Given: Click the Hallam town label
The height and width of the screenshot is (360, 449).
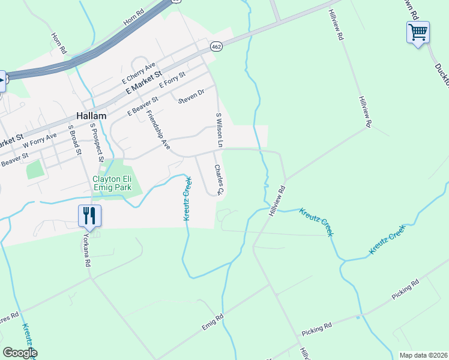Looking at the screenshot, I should [91, 116].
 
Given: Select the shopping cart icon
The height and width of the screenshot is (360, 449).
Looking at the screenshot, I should [418, 31].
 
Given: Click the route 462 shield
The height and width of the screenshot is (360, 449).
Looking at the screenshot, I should [217, 46].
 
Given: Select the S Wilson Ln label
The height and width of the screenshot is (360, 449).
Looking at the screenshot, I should [219, 130].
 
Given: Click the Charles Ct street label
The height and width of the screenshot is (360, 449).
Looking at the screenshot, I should [218, 180].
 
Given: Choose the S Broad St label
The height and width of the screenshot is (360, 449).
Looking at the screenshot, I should [75, 140].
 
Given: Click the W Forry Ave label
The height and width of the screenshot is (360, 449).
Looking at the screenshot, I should [40, 140].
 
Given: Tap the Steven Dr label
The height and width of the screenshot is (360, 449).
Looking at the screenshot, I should [191, 96].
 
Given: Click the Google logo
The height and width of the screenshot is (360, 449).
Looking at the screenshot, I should [19, 352].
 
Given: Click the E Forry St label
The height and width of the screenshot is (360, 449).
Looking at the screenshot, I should [173, 81].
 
